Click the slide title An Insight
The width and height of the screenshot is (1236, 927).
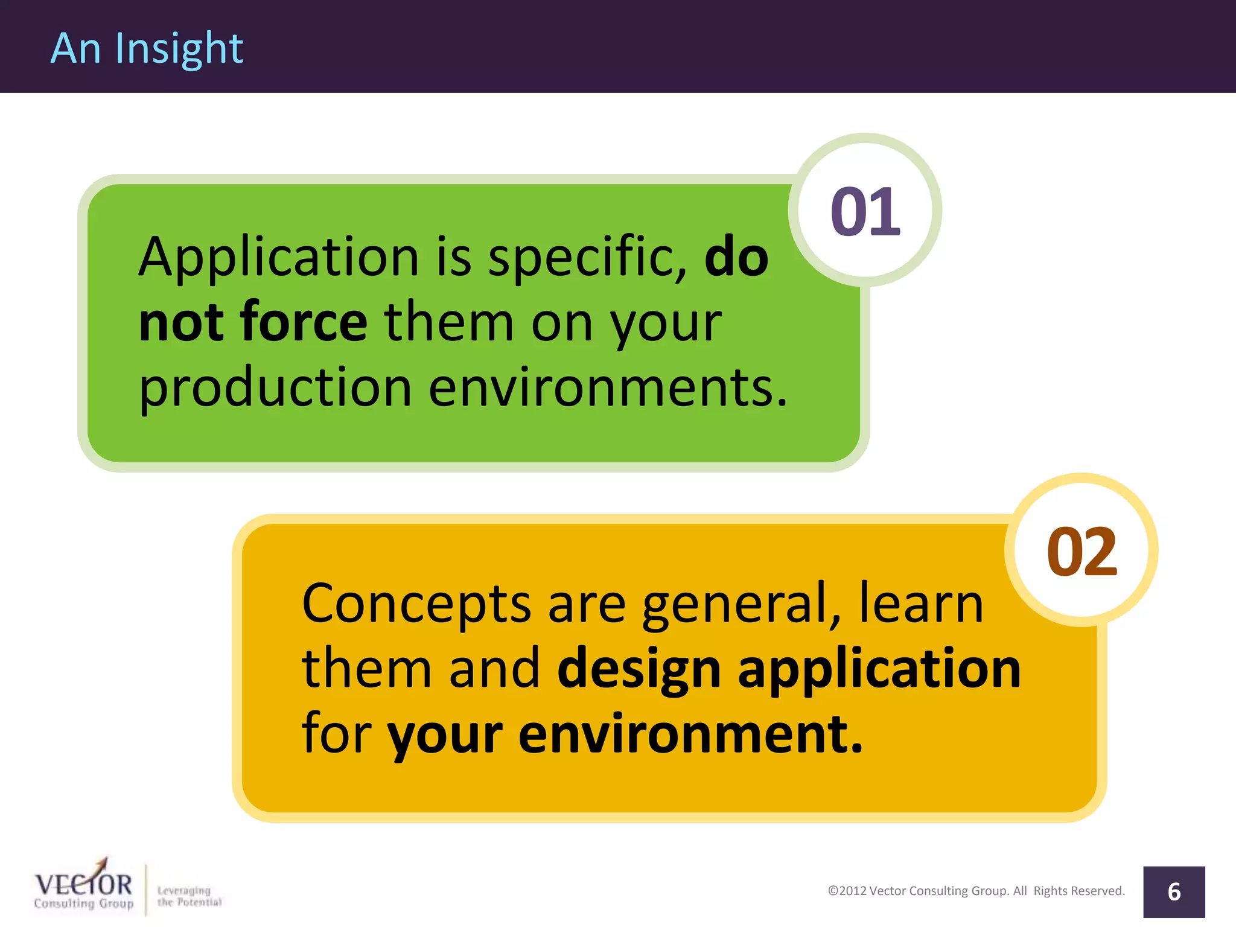[147, 48]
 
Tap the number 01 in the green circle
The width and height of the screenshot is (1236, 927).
[865, 211]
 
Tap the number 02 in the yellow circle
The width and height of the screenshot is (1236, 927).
[1081, 551]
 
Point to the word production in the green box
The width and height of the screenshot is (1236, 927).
[275, 388]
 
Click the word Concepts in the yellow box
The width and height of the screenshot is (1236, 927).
[416, 605]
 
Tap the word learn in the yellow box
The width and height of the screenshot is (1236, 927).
[921, 604]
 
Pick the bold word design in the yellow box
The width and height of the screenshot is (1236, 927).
[639, 670]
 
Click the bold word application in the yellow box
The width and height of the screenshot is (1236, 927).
[879, 670]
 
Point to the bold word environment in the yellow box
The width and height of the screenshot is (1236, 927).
[690, 734]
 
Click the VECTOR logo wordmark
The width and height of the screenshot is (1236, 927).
[83, 884]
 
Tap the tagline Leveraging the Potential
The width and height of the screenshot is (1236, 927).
[189, 896]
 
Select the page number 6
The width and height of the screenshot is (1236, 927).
[1174, 892]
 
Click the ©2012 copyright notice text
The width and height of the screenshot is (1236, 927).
[976, 891]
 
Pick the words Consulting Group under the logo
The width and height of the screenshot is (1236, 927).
[83, 903]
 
